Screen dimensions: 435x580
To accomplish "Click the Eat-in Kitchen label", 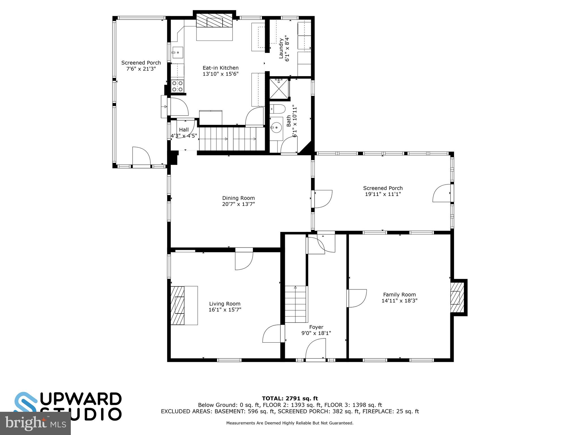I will pyautogui.click(x=220, y=68).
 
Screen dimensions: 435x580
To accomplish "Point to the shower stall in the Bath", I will pyautogui.click(x=279, y=89).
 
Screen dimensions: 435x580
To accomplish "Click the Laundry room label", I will pyautogui.click(x=281, y=49).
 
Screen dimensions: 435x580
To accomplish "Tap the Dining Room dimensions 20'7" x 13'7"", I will pyautogui.click(x=238, y=204).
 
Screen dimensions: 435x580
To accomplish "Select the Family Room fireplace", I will pyautogui.click(x=457, y=297).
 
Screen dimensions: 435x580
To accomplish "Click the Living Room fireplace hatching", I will pyautogui.click(x=178, y=305).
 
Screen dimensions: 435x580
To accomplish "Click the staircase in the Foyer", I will pyautogui.click(x=296, y=304).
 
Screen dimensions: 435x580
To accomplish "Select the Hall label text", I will pyautogui.click(x=184, y=130).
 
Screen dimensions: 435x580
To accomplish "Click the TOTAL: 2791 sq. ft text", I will pyautogui.click(x=290, y=399).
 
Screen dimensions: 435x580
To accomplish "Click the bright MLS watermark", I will pyautogui.click(x=35, y=423).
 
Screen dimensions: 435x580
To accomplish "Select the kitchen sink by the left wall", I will pyautogui.click(x=177, y=53).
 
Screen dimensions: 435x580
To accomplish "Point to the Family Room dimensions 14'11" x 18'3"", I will pyautogui.click(x=399, y=301).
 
